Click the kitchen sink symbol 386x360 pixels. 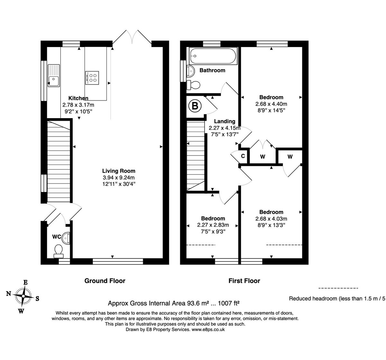click(54, 75)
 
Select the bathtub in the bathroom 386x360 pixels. click(213, 56)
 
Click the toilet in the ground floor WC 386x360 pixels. click(59, 251)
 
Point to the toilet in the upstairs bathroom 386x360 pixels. click(193, 85)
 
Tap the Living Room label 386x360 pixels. click(119, 171)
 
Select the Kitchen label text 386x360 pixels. click(78, 98)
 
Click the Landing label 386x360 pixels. click(225, 121)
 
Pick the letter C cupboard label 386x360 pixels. click(243, 156)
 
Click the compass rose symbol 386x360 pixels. click(23, 295)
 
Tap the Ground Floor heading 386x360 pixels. click(105, 281)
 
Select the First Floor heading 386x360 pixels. click(244, 281)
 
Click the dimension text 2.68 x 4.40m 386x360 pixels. click(271, 104)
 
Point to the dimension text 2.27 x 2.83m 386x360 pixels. click(213, 225)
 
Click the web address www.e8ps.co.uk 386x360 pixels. click(208, 329)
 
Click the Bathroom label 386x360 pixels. click(212, 70)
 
